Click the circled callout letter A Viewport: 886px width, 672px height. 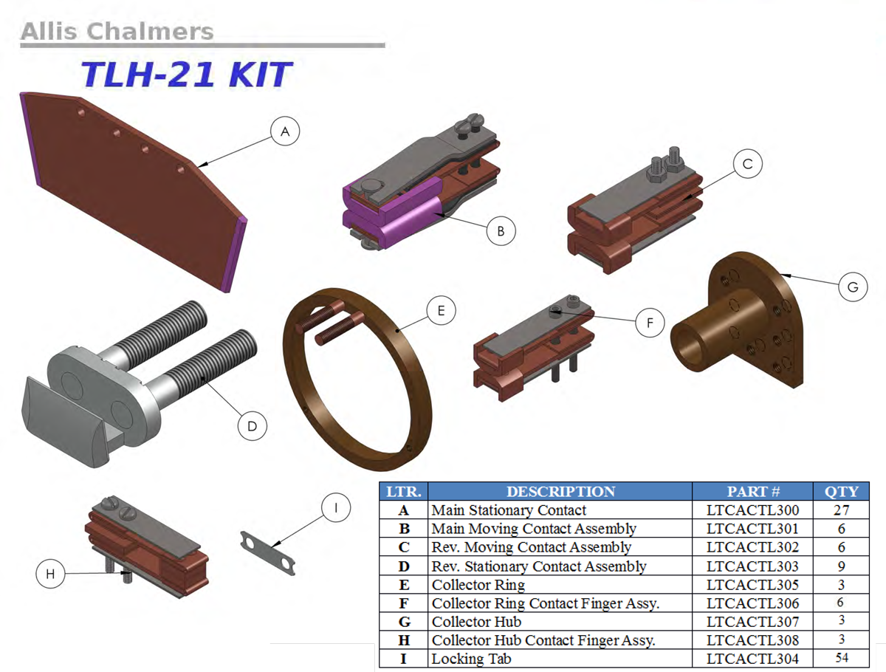[285, 131]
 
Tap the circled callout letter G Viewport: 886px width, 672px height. [853, 287]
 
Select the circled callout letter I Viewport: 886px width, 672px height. [336, 508]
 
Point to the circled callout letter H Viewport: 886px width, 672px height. [50, 574]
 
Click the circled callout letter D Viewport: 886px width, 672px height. [253, 426]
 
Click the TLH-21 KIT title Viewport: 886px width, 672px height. [187, 75]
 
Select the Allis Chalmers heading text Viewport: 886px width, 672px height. [117, 32]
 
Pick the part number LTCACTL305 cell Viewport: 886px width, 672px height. [752, 585]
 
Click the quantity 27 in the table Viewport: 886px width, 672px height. [841, 510]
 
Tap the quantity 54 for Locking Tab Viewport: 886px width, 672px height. [841, 658]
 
